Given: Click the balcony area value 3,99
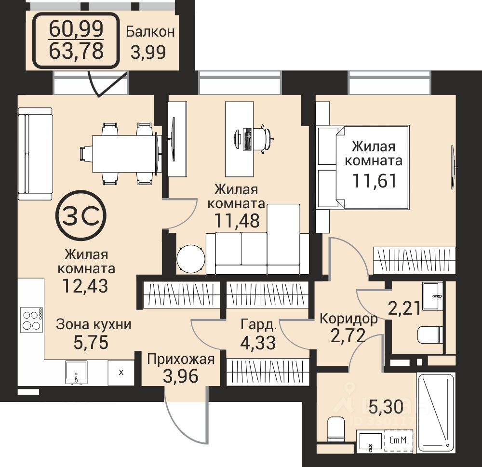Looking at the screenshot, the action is (148, 52).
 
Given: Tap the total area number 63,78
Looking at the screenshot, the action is (76, 51).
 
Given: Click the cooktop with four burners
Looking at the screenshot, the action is (31, 320).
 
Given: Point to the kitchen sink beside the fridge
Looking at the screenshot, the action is (76, 373).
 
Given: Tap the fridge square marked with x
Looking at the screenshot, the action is (121, 373).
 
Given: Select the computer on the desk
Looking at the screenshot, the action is (243, 139).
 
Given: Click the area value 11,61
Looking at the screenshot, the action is (375, 180).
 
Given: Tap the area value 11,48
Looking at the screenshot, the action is (237, 220).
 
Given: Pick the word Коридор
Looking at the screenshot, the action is (348, 319).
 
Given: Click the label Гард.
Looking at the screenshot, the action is (259, 324).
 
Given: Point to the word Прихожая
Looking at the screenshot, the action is (181, 359).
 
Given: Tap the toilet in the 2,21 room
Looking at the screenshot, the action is (430, 334).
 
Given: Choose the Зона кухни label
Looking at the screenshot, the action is (94, 325).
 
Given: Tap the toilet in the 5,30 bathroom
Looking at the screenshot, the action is (336, 428).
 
